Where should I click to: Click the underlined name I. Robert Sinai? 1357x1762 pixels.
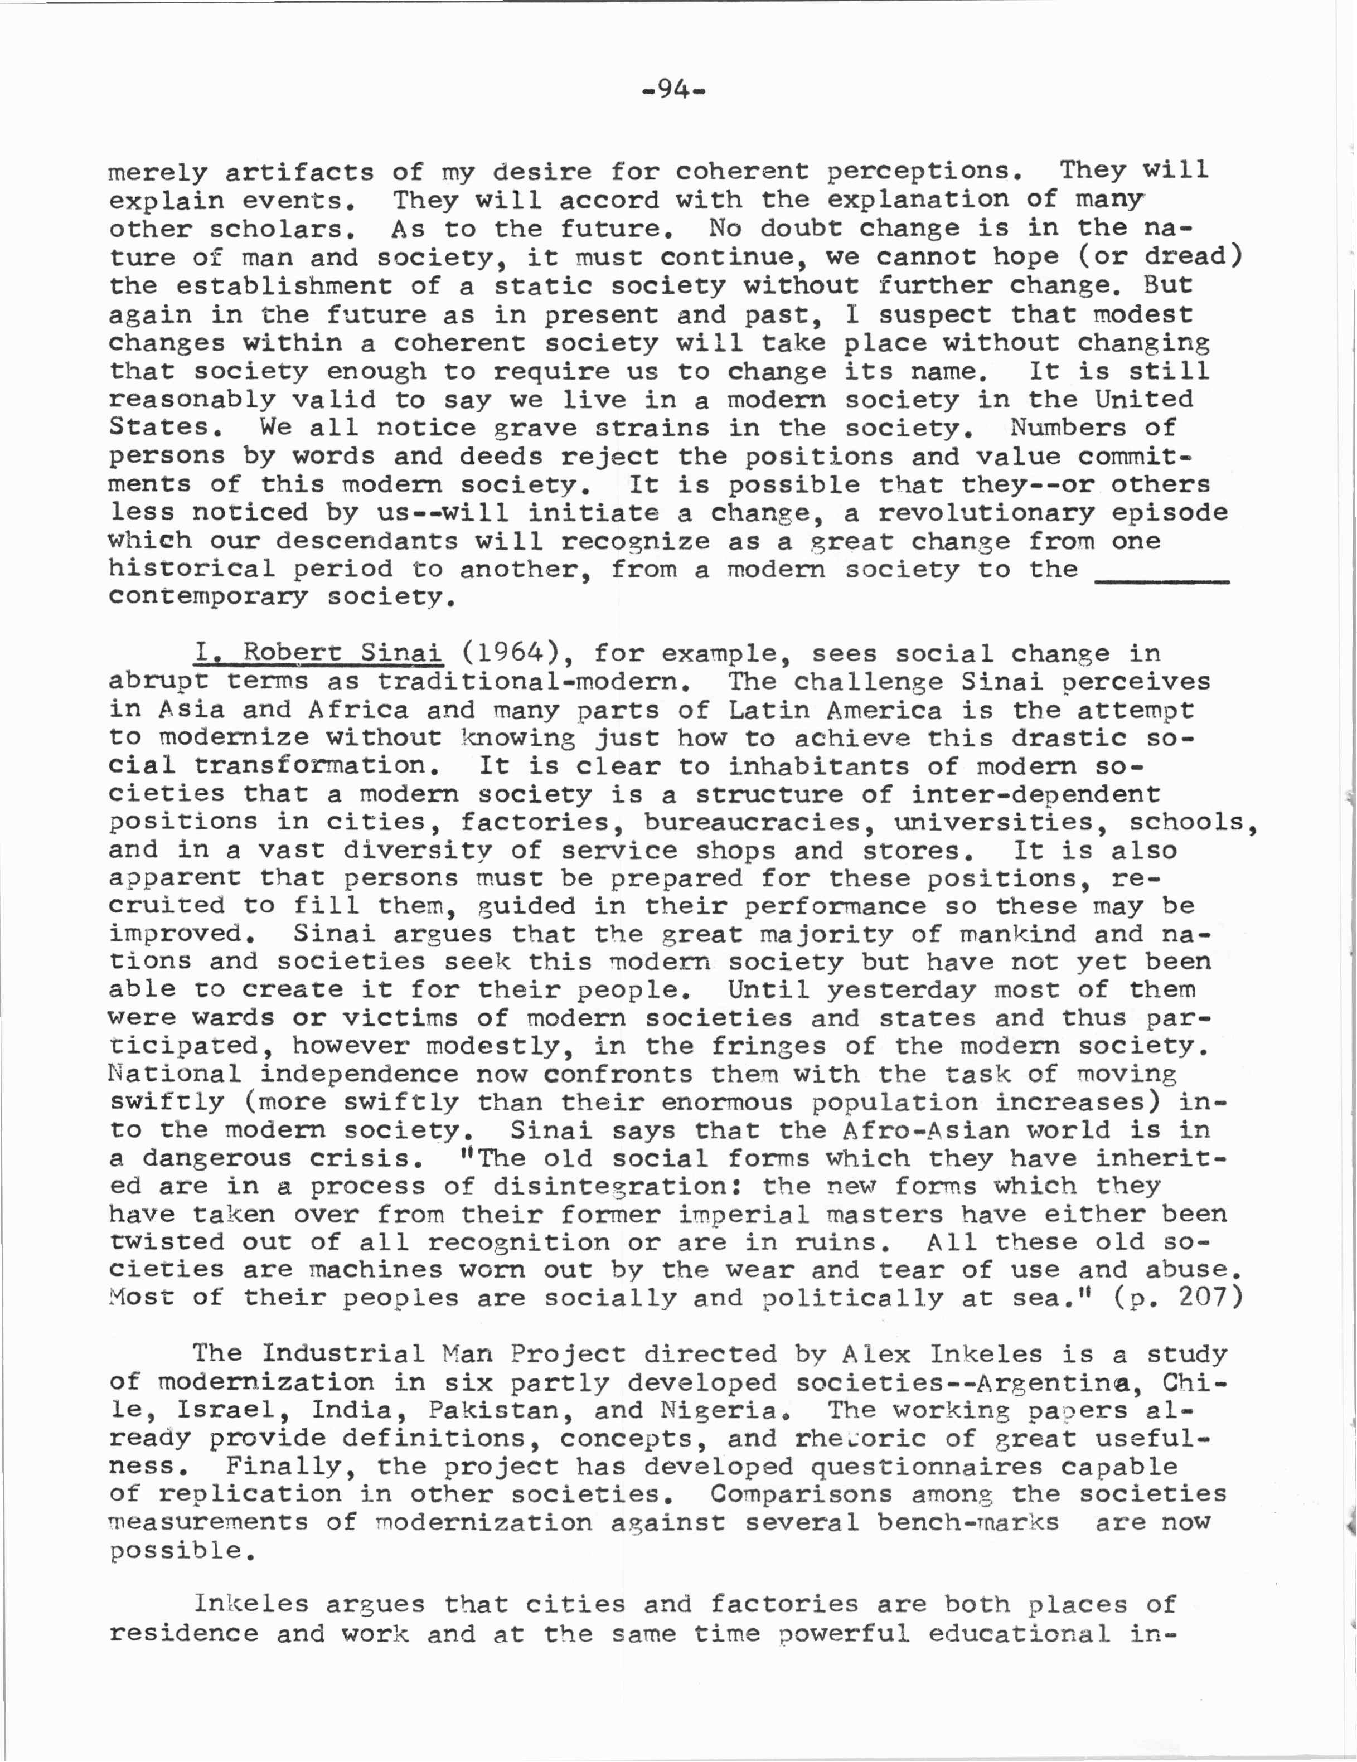point(317,653)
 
